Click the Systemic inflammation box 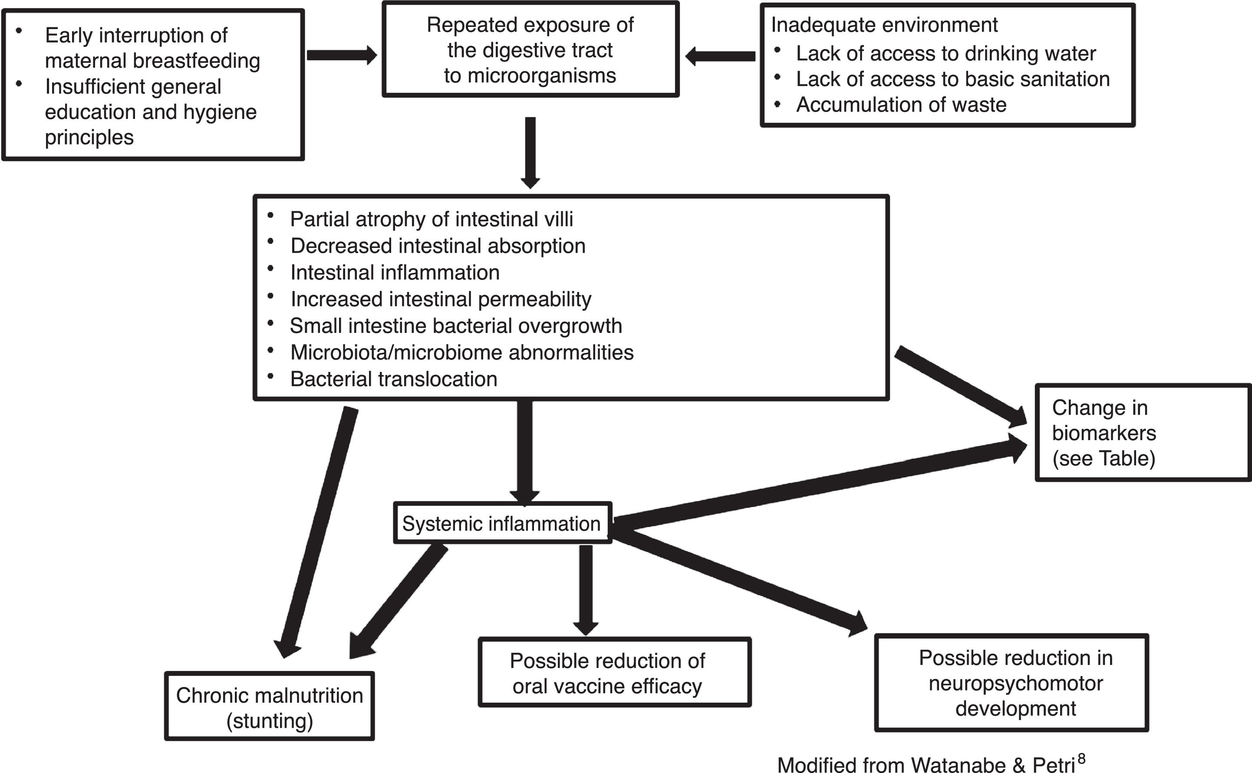pyautogui.click(x=501, y=523)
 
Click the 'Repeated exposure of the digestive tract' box pyautogui.click(x=530, y=49)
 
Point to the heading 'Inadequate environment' pyautogui.click(x=884, y=25)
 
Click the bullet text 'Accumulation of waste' pyautogui.click(x=901, y=105)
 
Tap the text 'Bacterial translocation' pyautogui.click(x=393, y=379)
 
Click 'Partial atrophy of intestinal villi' pyautogui.click(x=431, y=219)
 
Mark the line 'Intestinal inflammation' pyautogui.click(x=395, y=273)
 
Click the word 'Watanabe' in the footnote pyautogui.click(x=958, y=765)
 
